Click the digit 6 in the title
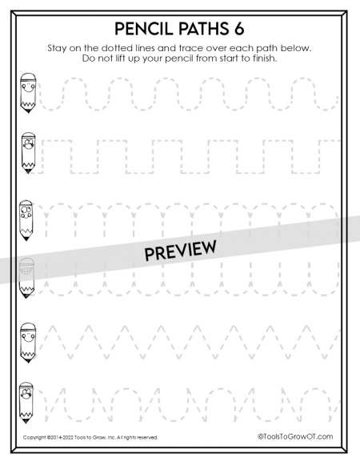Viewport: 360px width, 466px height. tap(238, 29)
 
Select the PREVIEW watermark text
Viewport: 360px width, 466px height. tap(180, 251)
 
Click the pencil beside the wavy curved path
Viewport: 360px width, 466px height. tap(28, 93)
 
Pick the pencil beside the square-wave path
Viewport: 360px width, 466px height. tap(28, 153)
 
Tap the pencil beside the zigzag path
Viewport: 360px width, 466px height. tap(28, 343)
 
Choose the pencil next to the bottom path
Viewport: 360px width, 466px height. tap(26, 403)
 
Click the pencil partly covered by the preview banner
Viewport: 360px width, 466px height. tap(26, 278)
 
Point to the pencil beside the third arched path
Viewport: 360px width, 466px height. tap(26, 220)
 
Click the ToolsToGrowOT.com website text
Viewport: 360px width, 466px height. tap(295, 436)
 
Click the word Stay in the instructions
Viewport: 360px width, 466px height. tap(57, 48)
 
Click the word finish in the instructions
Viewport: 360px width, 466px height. tap(265, 58)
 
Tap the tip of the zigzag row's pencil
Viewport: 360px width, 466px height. tap(28, 362)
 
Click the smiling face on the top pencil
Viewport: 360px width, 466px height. tap(28, 87)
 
